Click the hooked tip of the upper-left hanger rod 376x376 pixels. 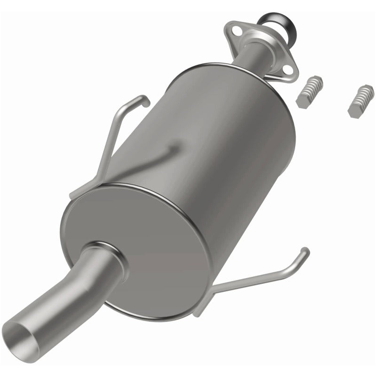143,99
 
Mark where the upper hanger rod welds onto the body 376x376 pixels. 174,149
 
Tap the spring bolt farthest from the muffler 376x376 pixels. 361,100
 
